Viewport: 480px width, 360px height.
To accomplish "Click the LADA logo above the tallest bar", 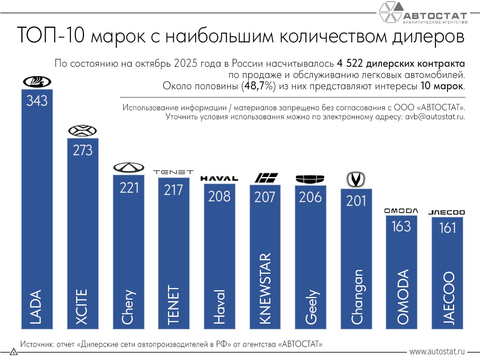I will point(37,81).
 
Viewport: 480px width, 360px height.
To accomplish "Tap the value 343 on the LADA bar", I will point(37,100).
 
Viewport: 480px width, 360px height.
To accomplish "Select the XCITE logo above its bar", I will point(82,131).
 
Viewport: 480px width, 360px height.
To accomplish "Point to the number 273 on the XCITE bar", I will point(82,150).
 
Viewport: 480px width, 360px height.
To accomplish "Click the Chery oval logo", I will point(129,168).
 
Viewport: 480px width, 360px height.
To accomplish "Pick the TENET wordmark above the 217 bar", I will point(173,172).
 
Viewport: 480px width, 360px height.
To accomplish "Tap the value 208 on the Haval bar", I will point(219,196).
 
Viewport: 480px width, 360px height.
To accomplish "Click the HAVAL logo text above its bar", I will point(219,178).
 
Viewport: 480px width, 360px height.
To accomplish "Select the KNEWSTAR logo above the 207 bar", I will point(266,177).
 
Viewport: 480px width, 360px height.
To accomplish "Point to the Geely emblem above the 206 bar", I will point(310,179).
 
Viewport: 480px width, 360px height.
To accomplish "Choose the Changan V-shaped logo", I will point(355,179).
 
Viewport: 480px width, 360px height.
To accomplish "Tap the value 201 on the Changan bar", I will point(356,201).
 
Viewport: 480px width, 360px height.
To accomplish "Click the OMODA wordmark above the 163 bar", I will point(401,211).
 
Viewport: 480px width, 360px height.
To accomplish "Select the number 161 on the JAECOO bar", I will point(447,228).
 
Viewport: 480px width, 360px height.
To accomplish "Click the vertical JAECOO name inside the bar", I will point(448,298).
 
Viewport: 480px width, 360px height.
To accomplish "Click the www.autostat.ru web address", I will point(437,352).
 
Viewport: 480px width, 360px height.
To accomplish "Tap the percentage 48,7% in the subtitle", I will point(258,86).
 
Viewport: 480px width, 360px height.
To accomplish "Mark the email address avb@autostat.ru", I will point(435,117).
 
